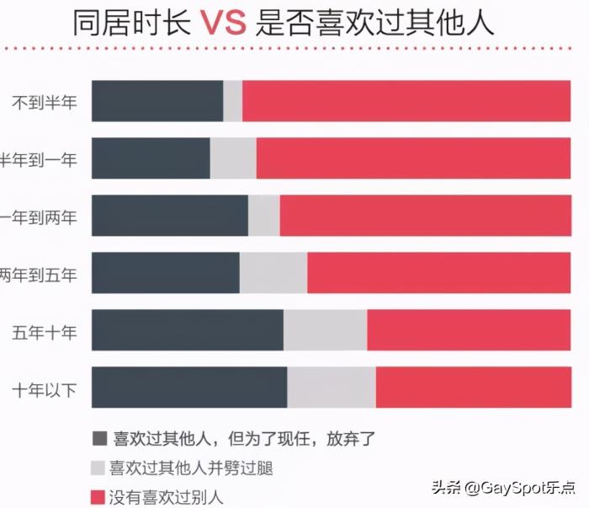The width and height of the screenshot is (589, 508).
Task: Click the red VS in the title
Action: (x=223, y=23)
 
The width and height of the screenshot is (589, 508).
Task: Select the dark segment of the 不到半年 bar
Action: (x=157, y=101)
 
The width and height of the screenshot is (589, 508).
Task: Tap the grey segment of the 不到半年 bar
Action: (x=233, y=101)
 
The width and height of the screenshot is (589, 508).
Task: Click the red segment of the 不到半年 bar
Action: (x=406, y=101)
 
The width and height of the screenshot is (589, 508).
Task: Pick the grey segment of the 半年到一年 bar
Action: (x=233, y=158)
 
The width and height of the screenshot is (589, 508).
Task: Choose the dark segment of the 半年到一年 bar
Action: (x=151, y=158)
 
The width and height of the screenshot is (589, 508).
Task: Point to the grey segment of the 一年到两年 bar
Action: (x=264, y=216)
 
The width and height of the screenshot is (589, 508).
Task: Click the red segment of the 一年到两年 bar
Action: (x=425, y=216)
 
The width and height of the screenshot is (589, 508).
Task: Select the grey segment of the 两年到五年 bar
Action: (x=273, y=273)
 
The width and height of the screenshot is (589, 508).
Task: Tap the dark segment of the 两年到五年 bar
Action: (x=165, y=273)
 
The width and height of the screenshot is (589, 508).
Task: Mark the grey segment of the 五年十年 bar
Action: (x=325, y=330)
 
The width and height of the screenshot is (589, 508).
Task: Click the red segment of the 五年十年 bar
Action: (x=469, y=330)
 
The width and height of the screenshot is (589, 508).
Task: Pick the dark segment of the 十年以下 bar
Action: (x=189, y=388)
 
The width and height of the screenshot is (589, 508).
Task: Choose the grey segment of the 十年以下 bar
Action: (x=332, y=388)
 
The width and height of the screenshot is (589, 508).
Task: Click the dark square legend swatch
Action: (x=99, y=438)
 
